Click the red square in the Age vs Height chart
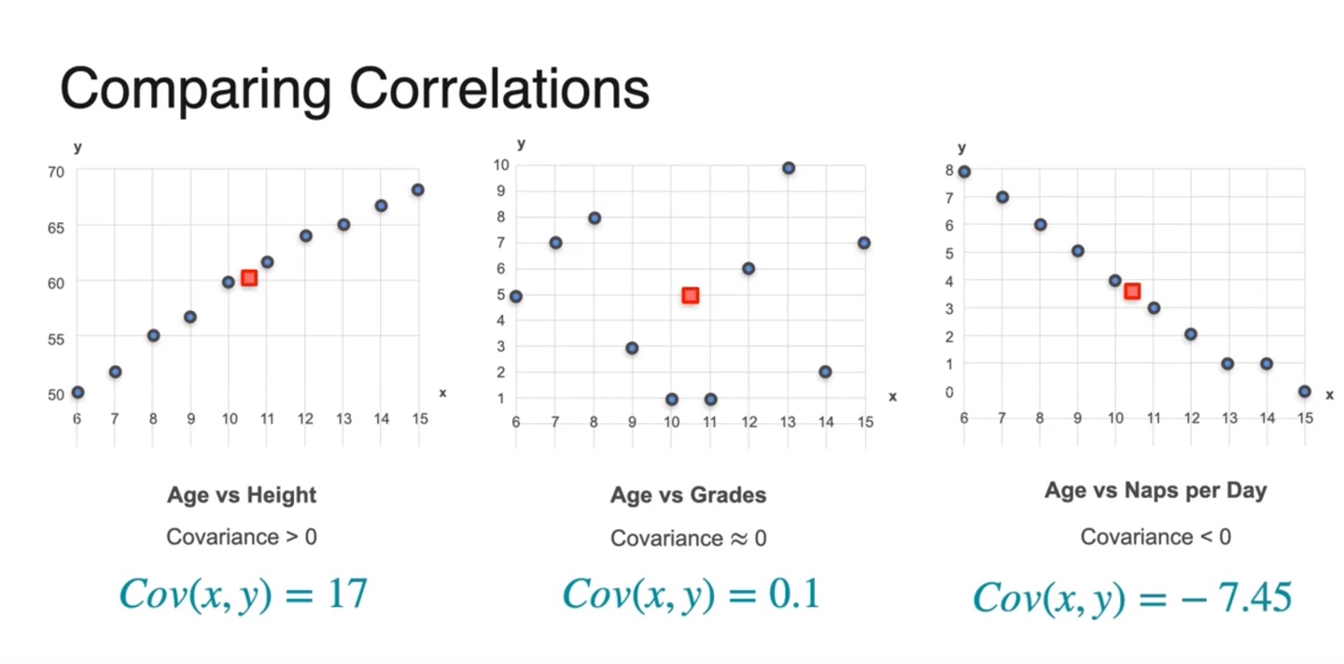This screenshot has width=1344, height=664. pyautogui.click(x=249, y=277)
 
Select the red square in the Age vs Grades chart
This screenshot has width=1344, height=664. pyautogui.click(x=690, y=295)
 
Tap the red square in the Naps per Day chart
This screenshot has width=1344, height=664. pyautogui.click(x=1132, y=291)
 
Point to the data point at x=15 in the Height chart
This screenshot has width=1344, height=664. pyautogui.click(x=418, y=190)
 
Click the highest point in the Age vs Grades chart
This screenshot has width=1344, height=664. pyautogui.click(x=788, y=168)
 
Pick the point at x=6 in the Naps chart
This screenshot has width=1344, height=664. pyautogui.click(x=964, y=172)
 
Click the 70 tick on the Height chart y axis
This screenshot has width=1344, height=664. pyautogui.click(x=56, y=171)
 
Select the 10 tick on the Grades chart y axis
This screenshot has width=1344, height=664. pyautogui.click(x=500, y=165)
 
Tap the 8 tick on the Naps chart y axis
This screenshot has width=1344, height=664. pyautogui.click(x=949, y=170)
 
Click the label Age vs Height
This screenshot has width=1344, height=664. pyautogui.click(x=242, y=495)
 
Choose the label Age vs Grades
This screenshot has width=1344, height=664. pyautogui.click(x=688, y=495)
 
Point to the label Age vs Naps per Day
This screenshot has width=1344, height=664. pyautogui.click(x=1155, y=490)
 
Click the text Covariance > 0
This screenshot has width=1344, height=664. pyautogui.click(x=242, y=537)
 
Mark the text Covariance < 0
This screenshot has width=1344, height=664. pyautogui.click(x=1155, y=537)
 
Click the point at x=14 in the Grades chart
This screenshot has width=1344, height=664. pyautogui.click(x=825, y=372)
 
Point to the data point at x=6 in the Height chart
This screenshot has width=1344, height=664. pyautogui.click(x=77, y=392)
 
